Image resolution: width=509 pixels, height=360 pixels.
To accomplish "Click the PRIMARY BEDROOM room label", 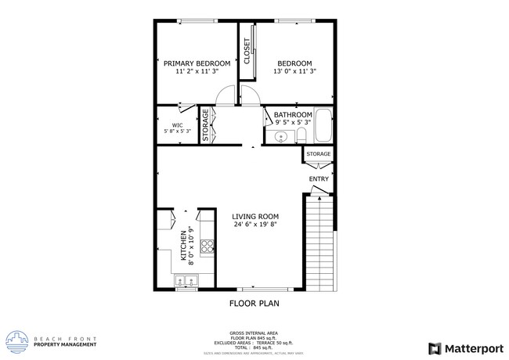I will tap(197, 63).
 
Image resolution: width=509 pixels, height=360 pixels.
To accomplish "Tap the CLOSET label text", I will tap(247, 52).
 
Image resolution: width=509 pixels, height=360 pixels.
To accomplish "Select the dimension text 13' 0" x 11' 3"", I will tap(294, 72).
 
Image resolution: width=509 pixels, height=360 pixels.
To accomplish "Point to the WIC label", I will tap(178, 124).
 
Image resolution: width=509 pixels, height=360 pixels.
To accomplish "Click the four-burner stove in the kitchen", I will tap(208, 247).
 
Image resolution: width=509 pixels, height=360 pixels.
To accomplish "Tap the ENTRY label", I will tap(319, 179).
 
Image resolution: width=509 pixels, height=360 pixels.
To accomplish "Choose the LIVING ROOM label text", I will tap(255, 217).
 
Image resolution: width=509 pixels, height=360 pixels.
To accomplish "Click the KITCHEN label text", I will tap(185, 245).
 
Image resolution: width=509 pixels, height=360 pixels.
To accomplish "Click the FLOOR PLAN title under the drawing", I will tap(254, 303).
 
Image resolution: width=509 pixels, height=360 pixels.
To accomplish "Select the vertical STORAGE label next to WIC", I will tap(206, 125).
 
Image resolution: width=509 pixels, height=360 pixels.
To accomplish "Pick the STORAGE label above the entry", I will tap(318, 154).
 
